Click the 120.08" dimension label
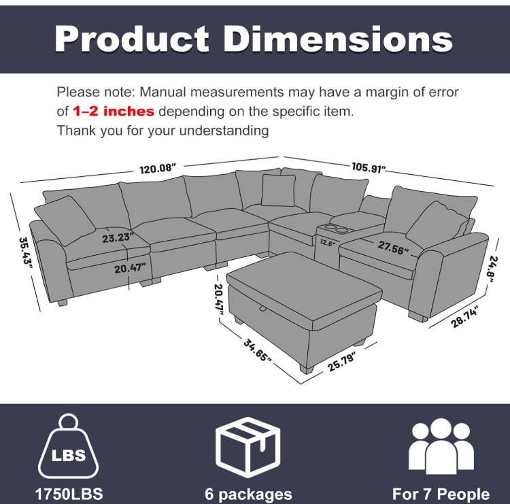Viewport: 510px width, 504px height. point(158,169)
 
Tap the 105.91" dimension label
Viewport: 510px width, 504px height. point(369,167)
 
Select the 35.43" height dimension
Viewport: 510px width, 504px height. point(25,252)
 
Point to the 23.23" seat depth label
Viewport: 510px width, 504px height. point(118,237)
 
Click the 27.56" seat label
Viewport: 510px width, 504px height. point(393,248)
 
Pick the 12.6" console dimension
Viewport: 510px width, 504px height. point(328,242)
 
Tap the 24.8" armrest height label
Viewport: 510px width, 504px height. point(493,269)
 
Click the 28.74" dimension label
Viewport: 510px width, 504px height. point(465,316)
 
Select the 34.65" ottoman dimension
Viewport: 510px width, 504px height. point(257,350)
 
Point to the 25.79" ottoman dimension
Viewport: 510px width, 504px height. point(341,361)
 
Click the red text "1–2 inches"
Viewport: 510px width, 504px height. point(114,112)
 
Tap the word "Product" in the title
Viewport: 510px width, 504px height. point(132,39)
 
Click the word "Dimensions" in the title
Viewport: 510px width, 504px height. point(337,39)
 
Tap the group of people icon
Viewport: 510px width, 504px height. point(441,446)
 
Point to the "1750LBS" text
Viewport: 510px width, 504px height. point(69,494)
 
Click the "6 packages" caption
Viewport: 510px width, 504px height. point(248,494)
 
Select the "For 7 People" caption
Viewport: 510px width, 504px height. point(441,494)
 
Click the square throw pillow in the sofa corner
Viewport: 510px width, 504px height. point(278,190)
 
